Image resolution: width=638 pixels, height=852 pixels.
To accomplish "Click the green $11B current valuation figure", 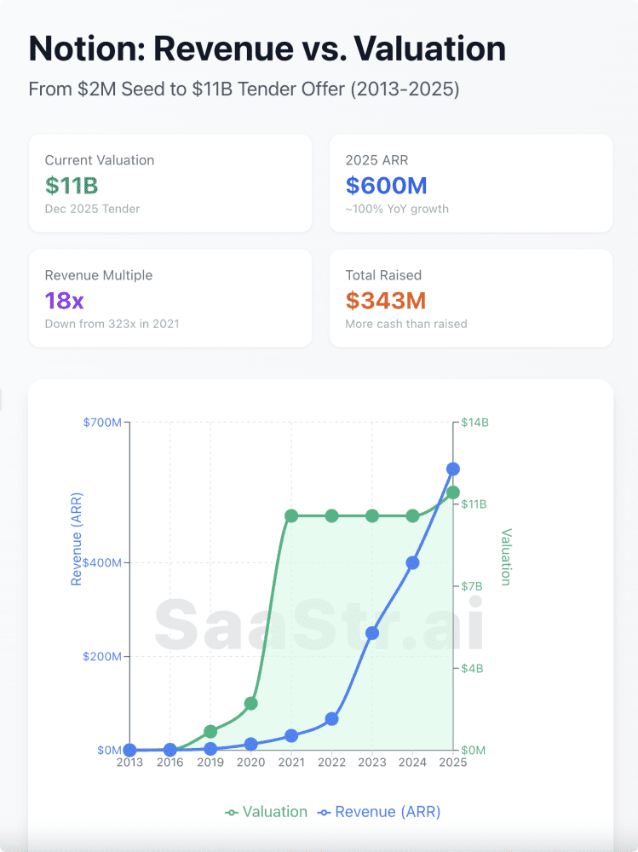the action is click(x=72, y=186).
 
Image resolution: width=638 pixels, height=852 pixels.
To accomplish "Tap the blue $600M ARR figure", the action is click(x=387, y=186).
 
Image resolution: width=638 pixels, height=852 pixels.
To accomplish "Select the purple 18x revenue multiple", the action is click(x=64, y=301).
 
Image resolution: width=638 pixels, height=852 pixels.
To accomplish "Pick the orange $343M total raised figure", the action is click(x=386, y=301).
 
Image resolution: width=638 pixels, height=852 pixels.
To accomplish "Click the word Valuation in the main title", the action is click(x=430, y=49).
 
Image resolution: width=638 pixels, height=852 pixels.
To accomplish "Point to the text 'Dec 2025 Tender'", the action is click(x=92, y=209).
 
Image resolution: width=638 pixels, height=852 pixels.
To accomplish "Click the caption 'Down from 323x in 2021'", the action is click(x=112, y=324).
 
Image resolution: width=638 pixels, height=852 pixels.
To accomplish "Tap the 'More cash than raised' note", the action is click(x=406, y=324).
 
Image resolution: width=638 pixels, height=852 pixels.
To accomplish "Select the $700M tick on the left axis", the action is click(x=102, y=423).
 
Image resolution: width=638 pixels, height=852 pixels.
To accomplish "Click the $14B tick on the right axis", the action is click(x=474, y=423).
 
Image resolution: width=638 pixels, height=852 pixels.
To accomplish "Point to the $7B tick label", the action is click(x=472, y=586).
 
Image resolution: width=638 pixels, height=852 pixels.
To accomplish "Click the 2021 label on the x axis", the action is click(x=291, y=763).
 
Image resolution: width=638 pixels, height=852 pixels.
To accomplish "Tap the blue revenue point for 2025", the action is click(x=452, y=469).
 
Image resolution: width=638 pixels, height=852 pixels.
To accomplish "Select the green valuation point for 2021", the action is click(x=291, y=515).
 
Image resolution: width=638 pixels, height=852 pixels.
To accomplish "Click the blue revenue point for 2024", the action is click(x=412, y=563).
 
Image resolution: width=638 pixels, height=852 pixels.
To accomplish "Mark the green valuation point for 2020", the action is click(x=251, y=704).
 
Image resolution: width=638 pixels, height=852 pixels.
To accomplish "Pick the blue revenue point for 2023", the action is click(x=372, y=633).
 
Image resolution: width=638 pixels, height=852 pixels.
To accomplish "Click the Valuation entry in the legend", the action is click(x=267, y=812).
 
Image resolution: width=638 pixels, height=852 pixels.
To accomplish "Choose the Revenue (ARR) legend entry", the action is click(x=379, y=812).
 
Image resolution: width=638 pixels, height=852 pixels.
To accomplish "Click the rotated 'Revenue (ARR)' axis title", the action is click(x=77, y=539).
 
